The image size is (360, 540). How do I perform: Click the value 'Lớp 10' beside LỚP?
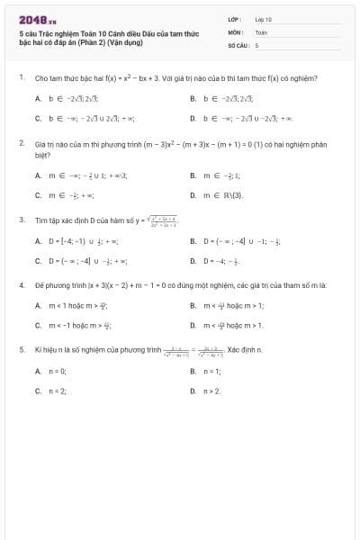point(263,19)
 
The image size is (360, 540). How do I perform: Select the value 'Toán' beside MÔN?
point(261,31)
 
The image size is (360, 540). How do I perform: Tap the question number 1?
point(21,78)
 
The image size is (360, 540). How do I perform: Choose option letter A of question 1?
point(38,98)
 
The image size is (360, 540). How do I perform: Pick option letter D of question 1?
point(193,118)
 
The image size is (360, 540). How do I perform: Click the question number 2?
point(21,143)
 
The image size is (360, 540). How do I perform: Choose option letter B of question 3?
point(193,241)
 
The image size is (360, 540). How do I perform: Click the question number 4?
point(21,284)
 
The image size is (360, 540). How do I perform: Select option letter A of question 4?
point(38,305)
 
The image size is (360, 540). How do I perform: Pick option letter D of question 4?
point(193,325)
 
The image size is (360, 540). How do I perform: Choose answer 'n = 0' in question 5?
point(58,371)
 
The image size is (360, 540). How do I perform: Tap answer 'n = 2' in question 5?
point(58,391)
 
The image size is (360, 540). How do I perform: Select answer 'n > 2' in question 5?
point(211,391)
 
